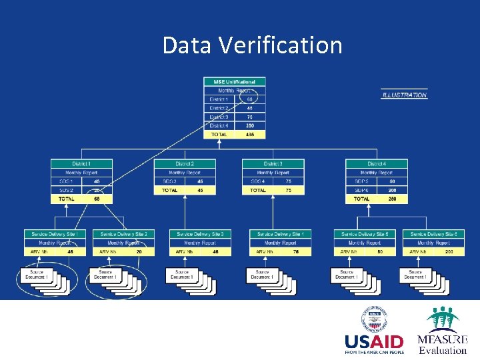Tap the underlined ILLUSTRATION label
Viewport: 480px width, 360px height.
(x=404, y=95)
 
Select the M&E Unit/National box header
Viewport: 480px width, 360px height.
(x=234, y=82)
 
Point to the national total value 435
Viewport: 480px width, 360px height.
(x=250, y=134)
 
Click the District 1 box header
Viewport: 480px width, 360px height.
(x=82, y=163)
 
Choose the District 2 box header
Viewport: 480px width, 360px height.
(x=185, y=163)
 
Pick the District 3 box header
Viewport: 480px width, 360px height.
(x=273, y=163)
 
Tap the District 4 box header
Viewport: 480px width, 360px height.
(x=376, y=163)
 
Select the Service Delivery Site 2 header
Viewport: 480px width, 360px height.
(x=123, y=234)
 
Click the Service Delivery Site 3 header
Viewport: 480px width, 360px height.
(x=201, y=234)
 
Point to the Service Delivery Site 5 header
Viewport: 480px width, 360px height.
(x=364, y=234)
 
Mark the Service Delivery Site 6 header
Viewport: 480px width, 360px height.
(x=433, y=234)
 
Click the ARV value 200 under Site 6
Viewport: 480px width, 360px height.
(x=449, y=252)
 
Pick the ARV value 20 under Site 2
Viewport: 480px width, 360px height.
(x=139, y=252)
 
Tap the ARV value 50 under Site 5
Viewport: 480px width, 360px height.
(x=379, y=252)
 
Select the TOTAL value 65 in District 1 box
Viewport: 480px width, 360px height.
(x=97, y=199)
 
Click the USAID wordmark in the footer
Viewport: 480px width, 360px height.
(x=374, y=342)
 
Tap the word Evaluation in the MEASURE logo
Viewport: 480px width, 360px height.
(x=443, y=351)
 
